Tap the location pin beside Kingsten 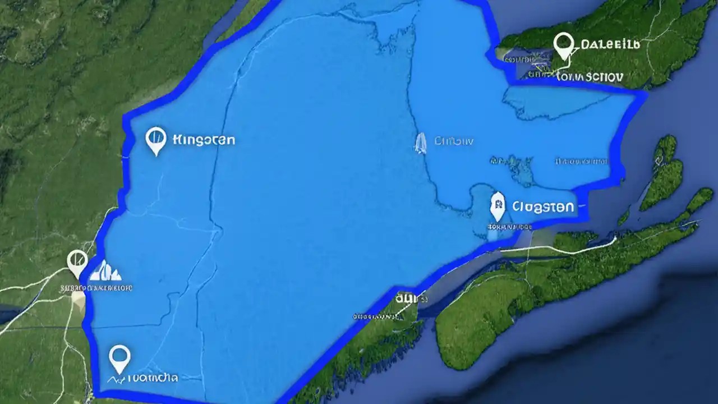tap(155, 140)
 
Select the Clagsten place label tap(543, 206)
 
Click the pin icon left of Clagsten tap(497, 206)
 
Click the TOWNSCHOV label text tap(592, 76)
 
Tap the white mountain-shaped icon tap(107, 271)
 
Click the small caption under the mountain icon tap(96, 288)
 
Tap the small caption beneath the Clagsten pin tap(509, 227)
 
